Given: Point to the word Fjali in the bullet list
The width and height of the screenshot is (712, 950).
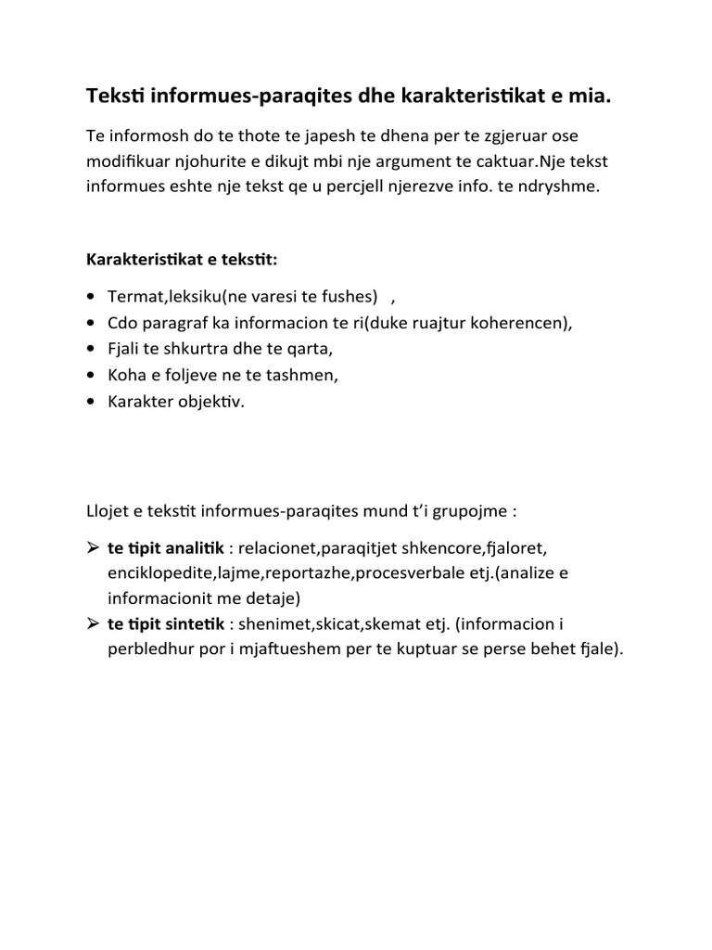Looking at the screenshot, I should click(x=125, y=350).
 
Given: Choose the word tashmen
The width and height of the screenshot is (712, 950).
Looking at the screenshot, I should click(x=298, y=377).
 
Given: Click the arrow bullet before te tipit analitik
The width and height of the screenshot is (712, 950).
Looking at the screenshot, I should click(x=93, y=547).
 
